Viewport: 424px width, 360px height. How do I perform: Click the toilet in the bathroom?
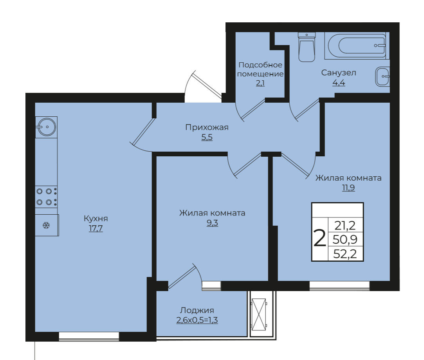307,47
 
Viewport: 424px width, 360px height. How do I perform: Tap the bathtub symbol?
357,45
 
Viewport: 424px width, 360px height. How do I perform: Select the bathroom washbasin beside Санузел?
383,76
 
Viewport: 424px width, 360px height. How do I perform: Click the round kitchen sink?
46,127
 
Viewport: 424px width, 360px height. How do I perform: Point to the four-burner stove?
46,197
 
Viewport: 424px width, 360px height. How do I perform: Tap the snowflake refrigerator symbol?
47,225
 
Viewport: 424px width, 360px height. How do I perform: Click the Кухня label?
96,218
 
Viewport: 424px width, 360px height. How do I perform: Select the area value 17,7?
96,228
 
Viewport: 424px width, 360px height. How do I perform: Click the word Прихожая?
207,127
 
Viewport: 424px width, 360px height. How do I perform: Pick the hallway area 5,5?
207,137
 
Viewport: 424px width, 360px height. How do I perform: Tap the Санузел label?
339,72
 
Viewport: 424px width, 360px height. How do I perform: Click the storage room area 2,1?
260,83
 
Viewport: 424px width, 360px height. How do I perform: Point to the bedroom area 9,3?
212,223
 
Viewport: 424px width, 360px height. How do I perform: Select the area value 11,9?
348,188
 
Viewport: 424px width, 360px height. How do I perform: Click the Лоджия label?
197,310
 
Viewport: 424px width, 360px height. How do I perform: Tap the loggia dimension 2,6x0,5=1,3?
197,320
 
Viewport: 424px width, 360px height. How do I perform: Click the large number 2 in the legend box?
319,238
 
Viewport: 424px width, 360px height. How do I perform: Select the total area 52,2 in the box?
345,254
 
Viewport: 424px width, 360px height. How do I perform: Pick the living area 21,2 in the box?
345,225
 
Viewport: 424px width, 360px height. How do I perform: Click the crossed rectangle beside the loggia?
259,315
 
